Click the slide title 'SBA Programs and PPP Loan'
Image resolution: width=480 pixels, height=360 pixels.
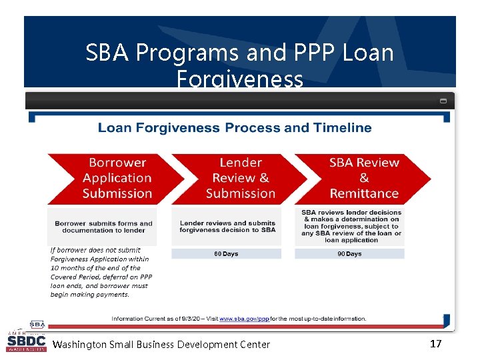[239, 53]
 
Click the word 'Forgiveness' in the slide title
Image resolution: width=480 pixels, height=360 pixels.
[239, 79]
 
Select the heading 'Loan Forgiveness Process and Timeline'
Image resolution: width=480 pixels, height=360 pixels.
[235, 128]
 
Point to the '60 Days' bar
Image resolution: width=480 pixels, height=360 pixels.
[226, 254]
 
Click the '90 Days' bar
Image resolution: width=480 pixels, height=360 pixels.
[349, 254]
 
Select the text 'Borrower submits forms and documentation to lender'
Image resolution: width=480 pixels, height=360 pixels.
[103, 227]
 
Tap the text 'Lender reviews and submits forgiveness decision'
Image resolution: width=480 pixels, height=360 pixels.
[227, 227]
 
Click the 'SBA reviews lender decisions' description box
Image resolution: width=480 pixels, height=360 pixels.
[351, 226]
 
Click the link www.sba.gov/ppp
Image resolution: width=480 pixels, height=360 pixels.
[245, 319]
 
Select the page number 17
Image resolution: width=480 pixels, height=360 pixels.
[435, 344]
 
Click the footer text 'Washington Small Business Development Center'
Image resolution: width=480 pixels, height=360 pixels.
[161, 345]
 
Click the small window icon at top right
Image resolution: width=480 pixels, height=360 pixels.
[443, 101]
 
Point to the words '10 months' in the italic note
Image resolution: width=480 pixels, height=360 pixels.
[67, 268]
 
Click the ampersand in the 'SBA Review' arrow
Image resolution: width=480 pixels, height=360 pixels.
[363, 178]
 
